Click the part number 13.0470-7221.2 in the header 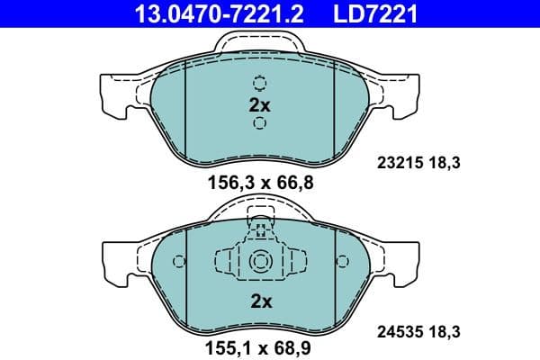206,13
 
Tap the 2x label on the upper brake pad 259,104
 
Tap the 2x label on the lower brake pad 260,302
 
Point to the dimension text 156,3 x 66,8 259,183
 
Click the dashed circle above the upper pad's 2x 259,84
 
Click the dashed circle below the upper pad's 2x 259,123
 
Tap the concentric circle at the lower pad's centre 260,262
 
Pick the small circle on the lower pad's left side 178,262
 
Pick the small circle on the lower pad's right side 342,262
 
